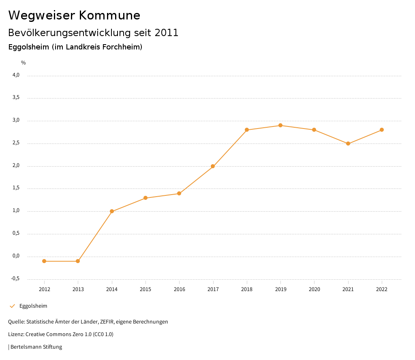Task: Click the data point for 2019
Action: tap(280, 125)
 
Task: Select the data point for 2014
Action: tap(112, 211)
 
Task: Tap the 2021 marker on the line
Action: tap(348, 144)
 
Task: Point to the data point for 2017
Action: tap(213, 166)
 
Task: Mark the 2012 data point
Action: tap(44, 261)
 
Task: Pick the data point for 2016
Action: tap(179, 193)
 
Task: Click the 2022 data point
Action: tap(382, 130)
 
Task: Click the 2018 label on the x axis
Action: tap(247, 289)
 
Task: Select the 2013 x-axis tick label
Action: tap(78, 289)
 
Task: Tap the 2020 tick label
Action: tap(314, 289)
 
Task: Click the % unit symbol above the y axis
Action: tap(24, 62)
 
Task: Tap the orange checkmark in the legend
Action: tap(12, 306)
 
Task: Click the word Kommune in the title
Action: tap(109, 15)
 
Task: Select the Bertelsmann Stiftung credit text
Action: tap(36, 347)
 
